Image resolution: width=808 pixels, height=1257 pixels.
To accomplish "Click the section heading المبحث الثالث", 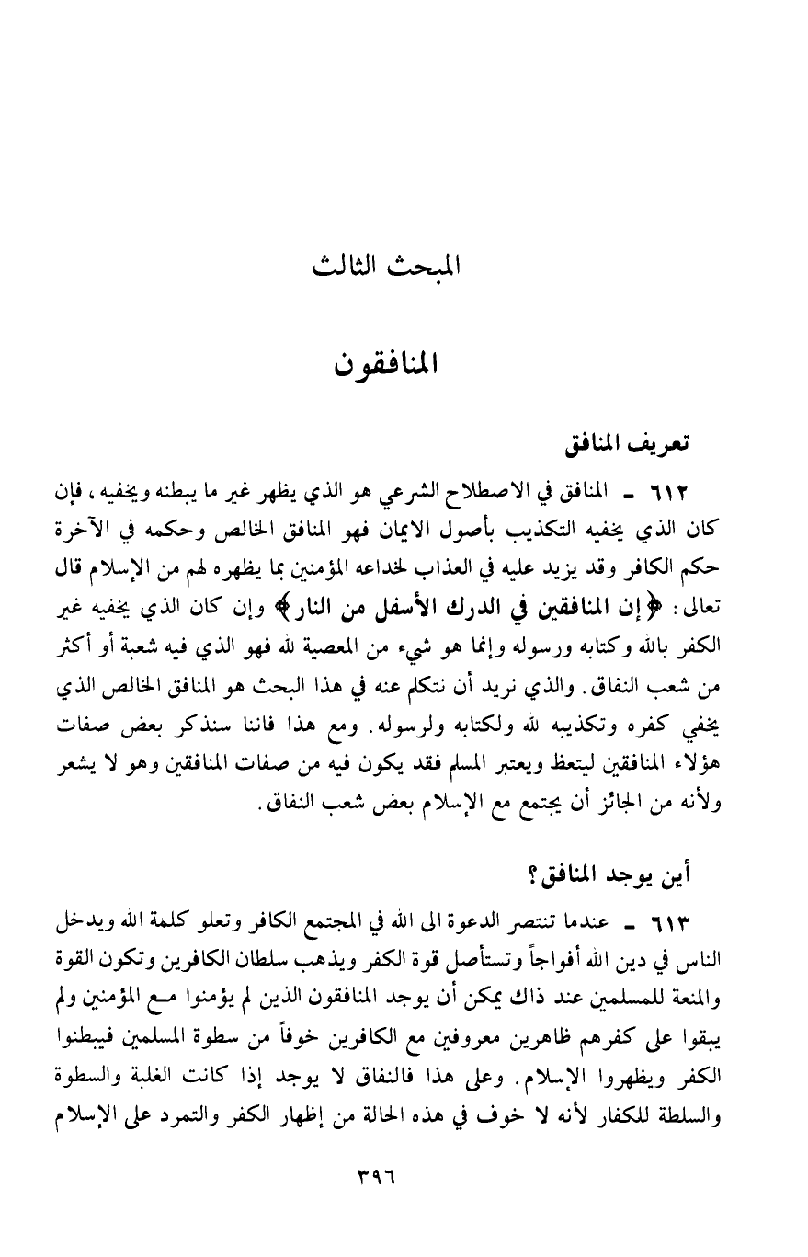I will (x=386, y=268).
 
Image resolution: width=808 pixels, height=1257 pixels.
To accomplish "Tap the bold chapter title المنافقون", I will (x=386, y=365).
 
